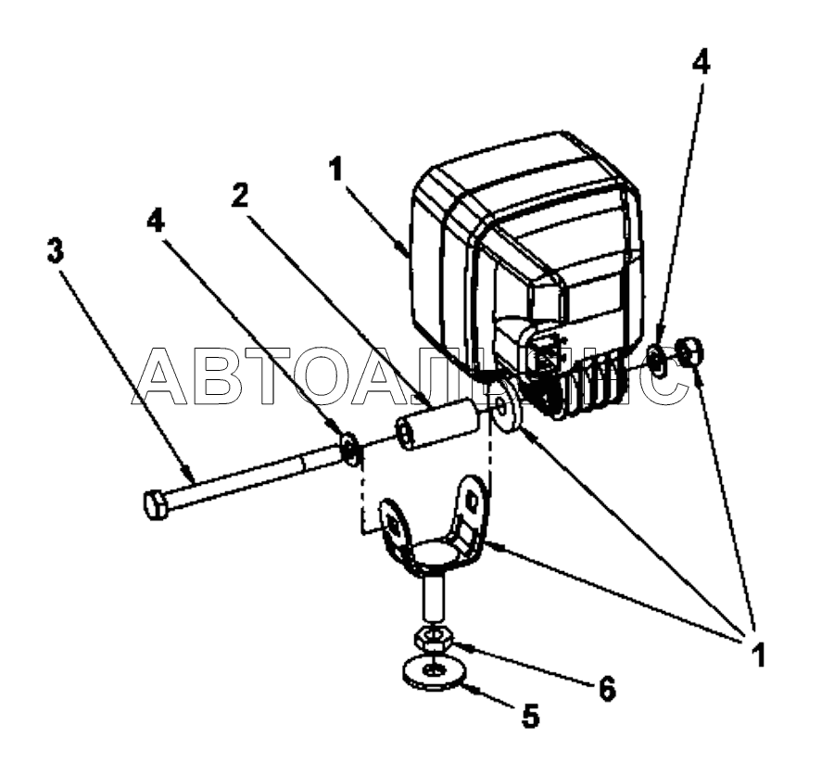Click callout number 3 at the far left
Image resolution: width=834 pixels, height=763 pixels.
[x=56, y=250]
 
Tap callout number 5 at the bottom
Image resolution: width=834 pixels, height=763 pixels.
[x=530, y=716]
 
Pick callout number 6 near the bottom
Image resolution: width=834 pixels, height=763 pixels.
[x=606, y=689]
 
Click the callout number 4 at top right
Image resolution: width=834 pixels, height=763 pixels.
[x=701, y=64]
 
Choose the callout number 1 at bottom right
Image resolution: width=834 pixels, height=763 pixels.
[x=757, y=654]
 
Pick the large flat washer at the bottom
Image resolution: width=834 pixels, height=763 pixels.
[x=434, y=673]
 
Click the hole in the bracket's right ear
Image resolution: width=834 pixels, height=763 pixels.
[x=472, y=500]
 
